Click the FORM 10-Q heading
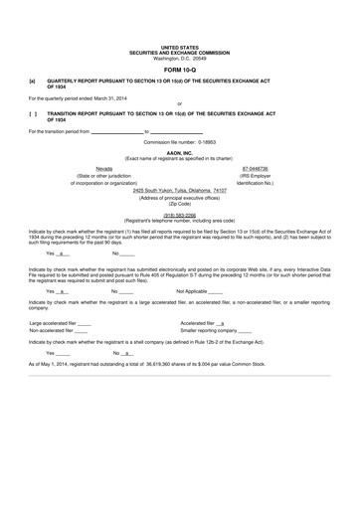pyautogui.click(x=180, y=71)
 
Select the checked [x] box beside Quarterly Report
pyautogui.click(x=33, y=84)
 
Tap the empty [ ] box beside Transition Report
pyautogui.click(x=33, y=114)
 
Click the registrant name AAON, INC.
pyautogui.click(x=180, y=153)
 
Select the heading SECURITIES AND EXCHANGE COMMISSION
pyautogui.click(x=180, y=52)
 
